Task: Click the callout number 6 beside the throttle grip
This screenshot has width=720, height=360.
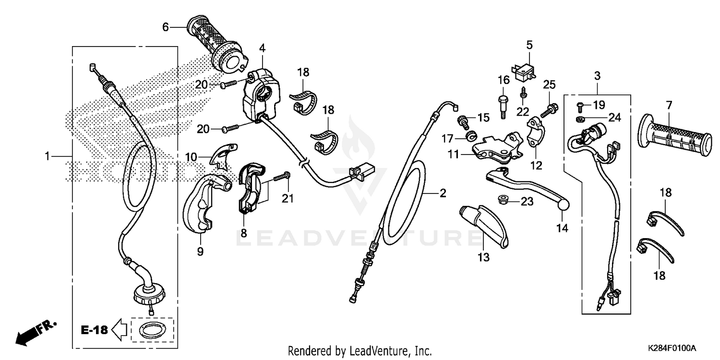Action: (x=166, y=27)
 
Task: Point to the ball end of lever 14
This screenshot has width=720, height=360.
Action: (x=564, y=205)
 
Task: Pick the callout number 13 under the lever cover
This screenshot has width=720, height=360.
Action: (x=483, y=258)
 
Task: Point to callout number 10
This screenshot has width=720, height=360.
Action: (x=191, y=156)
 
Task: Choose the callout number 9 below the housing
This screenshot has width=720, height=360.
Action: (x=200, y=251)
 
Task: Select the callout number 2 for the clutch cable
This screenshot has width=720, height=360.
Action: (x=443, y=193)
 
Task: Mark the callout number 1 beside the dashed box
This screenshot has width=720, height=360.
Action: (x=47, y=156)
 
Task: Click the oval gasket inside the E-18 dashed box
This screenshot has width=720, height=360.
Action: (x=153, y=330)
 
